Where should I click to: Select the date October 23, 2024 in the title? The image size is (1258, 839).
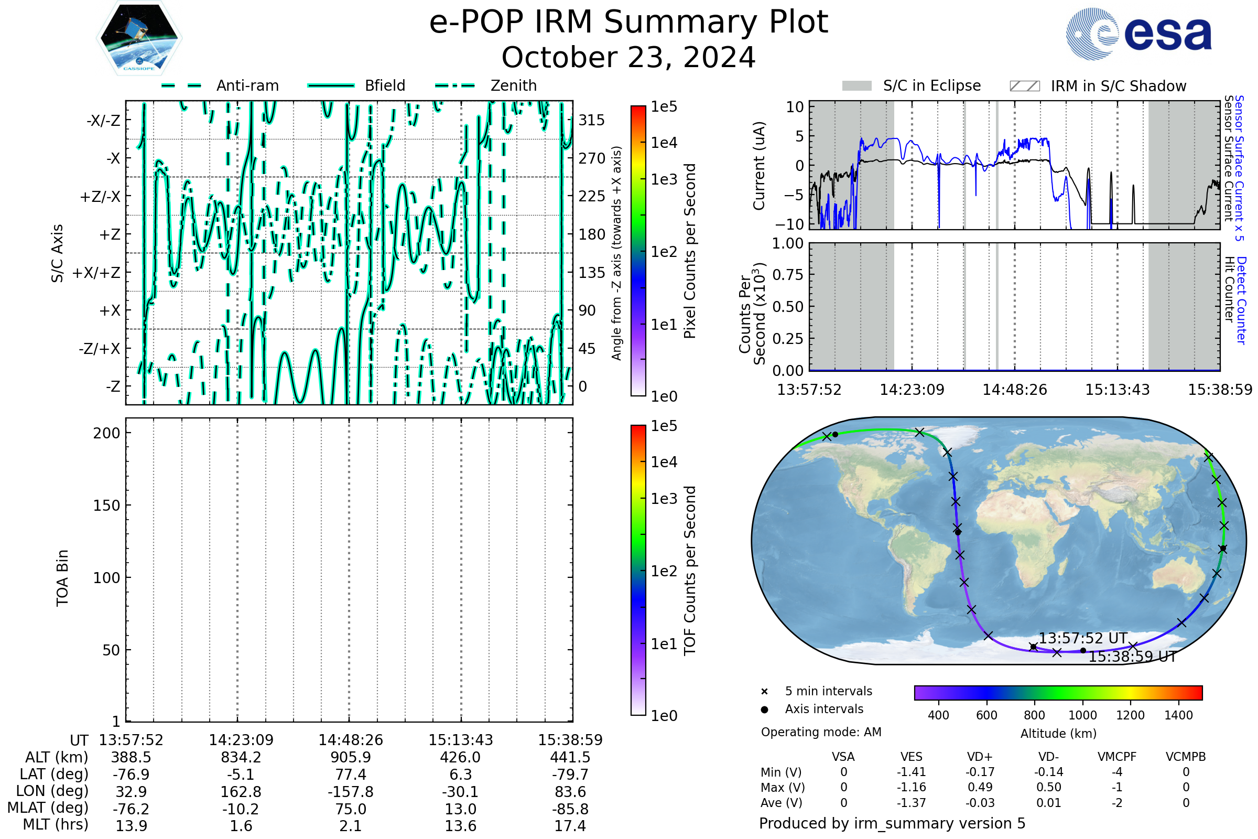[x=628, y=58]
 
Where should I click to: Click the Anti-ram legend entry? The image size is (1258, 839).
[x=247, y=85]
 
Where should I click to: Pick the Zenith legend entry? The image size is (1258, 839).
[x=513, y=85]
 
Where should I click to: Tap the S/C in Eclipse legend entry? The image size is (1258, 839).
[x=931, y=85]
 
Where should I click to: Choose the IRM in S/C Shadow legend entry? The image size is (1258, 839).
[x=1118, y=86]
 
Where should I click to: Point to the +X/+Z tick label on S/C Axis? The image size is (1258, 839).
[x=96, y=273]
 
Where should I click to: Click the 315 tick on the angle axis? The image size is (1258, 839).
[x=592, y=120]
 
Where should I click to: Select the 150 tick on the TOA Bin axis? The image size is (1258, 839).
[x=106, y=505]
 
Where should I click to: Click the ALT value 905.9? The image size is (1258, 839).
[x=350, y=757]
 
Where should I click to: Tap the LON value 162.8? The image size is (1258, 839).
[x=241, y=791]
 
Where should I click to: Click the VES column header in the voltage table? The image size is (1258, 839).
[x=911, y=757]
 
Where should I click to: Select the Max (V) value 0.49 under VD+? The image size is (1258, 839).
[x=979, y=787]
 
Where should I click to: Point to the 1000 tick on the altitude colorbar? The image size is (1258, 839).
[x=1082, y=715]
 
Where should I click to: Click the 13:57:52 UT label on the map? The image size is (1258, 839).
[x=1082, y=638]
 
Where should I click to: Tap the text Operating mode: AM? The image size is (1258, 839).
[x=820, y=732]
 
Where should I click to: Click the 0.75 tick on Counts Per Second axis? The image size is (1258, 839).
[x=788, y=275]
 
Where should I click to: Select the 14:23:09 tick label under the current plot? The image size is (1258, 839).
[x=912, y=390]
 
